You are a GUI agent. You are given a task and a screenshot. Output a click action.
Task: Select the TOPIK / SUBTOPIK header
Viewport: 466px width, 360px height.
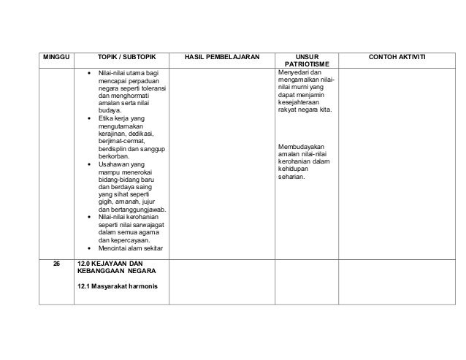(x=121, y=56)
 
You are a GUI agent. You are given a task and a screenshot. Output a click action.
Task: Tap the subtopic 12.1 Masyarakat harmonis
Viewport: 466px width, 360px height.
(x=116, y=286)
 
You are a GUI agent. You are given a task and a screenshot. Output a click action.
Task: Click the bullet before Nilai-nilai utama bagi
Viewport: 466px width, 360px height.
(x=89, y=72)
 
